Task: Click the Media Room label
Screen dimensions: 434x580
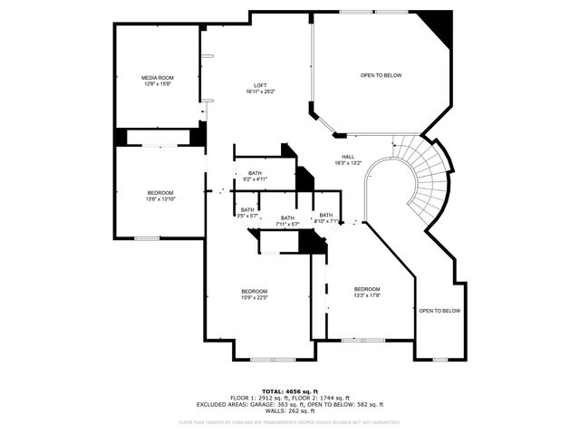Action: click(157, 78)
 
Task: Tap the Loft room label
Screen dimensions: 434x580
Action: click(259, 85)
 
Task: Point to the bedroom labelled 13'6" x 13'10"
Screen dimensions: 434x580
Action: click(160, 192)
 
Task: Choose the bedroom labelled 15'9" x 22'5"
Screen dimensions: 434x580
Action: click(254, 291)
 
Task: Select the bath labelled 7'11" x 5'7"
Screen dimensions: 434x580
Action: click(287, 218)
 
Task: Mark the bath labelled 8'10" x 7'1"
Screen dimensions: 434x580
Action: click(326, 216)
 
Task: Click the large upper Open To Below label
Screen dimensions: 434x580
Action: click(381, 75)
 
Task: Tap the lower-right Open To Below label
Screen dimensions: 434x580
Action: click(440, 311)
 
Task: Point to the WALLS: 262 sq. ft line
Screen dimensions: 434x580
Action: click(289, 411)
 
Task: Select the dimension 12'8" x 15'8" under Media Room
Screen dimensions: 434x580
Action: click(157, 84)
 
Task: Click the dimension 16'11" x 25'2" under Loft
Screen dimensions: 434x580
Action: click(259, 92)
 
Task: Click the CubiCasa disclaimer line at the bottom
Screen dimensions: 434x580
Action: click(289, 421)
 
